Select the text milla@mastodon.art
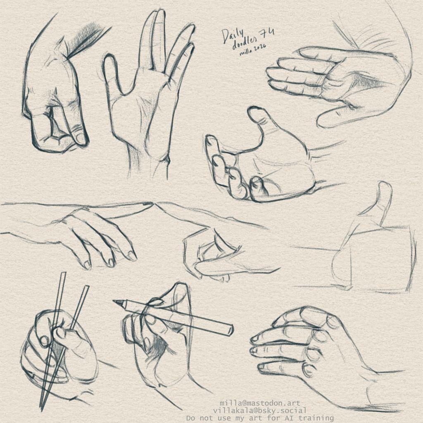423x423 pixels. tap(260, 403)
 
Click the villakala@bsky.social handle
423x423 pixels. tap(260, 411)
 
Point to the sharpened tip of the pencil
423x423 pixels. tap(114, 301)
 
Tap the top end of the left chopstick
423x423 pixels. tap(64, 273)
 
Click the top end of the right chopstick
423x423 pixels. tap(87, 287)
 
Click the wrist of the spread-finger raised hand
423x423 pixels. tap(148, 164)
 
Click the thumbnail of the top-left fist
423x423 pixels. tap(81, 138)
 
